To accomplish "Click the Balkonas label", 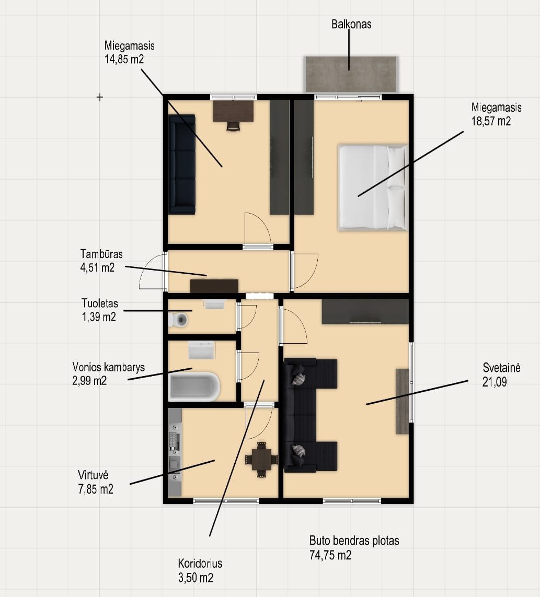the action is coord(351,25).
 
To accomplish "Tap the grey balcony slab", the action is coord(351,74).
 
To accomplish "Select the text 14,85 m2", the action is coord(124,60).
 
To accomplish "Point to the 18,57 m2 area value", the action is coord(491,121).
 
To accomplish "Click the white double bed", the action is coord(373,188).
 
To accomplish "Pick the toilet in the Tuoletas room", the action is coord(178,320).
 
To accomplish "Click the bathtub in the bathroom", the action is coord(194,387).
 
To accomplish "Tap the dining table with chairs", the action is coord(261,459).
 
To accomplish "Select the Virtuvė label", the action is coord(93,475).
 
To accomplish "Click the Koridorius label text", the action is coord(200,564).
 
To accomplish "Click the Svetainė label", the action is coord(501,368).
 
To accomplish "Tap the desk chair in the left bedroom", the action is coord(233,126).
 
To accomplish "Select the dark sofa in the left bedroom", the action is coord(182,164).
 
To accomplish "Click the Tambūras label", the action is coord(101,254).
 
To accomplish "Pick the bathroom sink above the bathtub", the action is coord(202,350).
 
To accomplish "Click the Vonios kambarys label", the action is coord(109,367).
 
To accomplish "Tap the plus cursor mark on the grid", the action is coord(100,98).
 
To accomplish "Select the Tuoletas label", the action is coord(100,303).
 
